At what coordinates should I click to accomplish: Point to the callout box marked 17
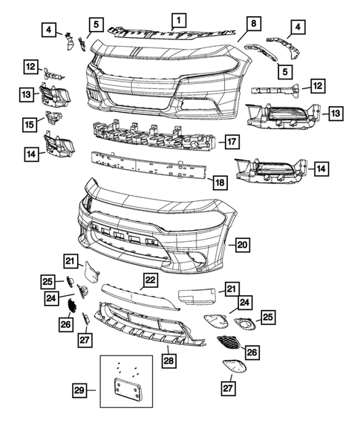pyautogui.click(x=231, y=141)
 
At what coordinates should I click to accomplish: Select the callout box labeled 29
pyautogui.click(x=79, y=389)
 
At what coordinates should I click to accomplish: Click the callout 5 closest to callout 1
pyautogui.click(x=96, y=25)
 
